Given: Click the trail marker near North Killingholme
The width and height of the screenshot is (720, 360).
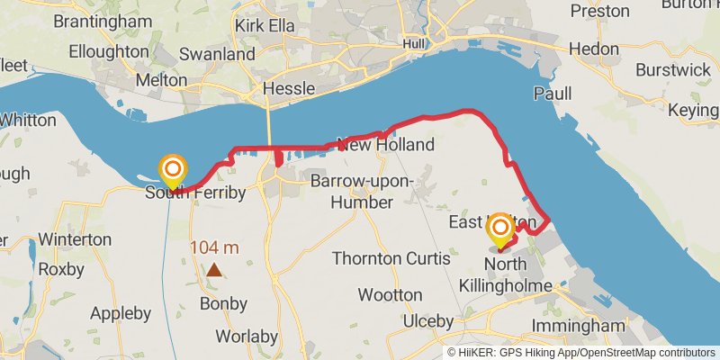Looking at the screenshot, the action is click(499, 232).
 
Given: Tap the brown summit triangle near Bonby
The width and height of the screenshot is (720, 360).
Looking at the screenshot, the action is click(214, 269).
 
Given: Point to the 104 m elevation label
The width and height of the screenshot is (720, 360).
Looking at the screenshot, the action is click(214, 247).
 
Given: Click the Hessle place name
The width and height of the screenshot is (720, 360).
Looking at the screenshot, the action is click(289, 89).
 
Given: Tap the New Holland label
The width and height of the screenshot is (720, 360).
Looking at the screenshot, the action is click(385, 145).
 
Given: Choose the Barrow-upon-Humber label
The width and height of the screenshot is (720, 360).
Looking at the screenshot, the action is click(362, 192).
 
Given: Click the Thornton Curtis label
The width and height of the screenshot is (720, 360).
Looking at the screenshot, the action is click(391, 258).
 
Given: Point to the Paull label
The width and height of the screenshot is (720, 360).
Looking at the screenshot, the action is click(553, 94).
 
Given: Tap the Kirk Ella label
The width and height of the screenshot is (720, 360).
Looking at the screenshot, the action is click(265, 26).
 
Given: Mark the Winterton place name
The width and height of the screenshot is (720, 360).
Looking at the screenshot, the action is click(74, 240).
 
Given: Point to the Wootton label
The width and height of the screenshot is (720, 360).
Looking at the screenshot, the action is click(390, 294).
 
